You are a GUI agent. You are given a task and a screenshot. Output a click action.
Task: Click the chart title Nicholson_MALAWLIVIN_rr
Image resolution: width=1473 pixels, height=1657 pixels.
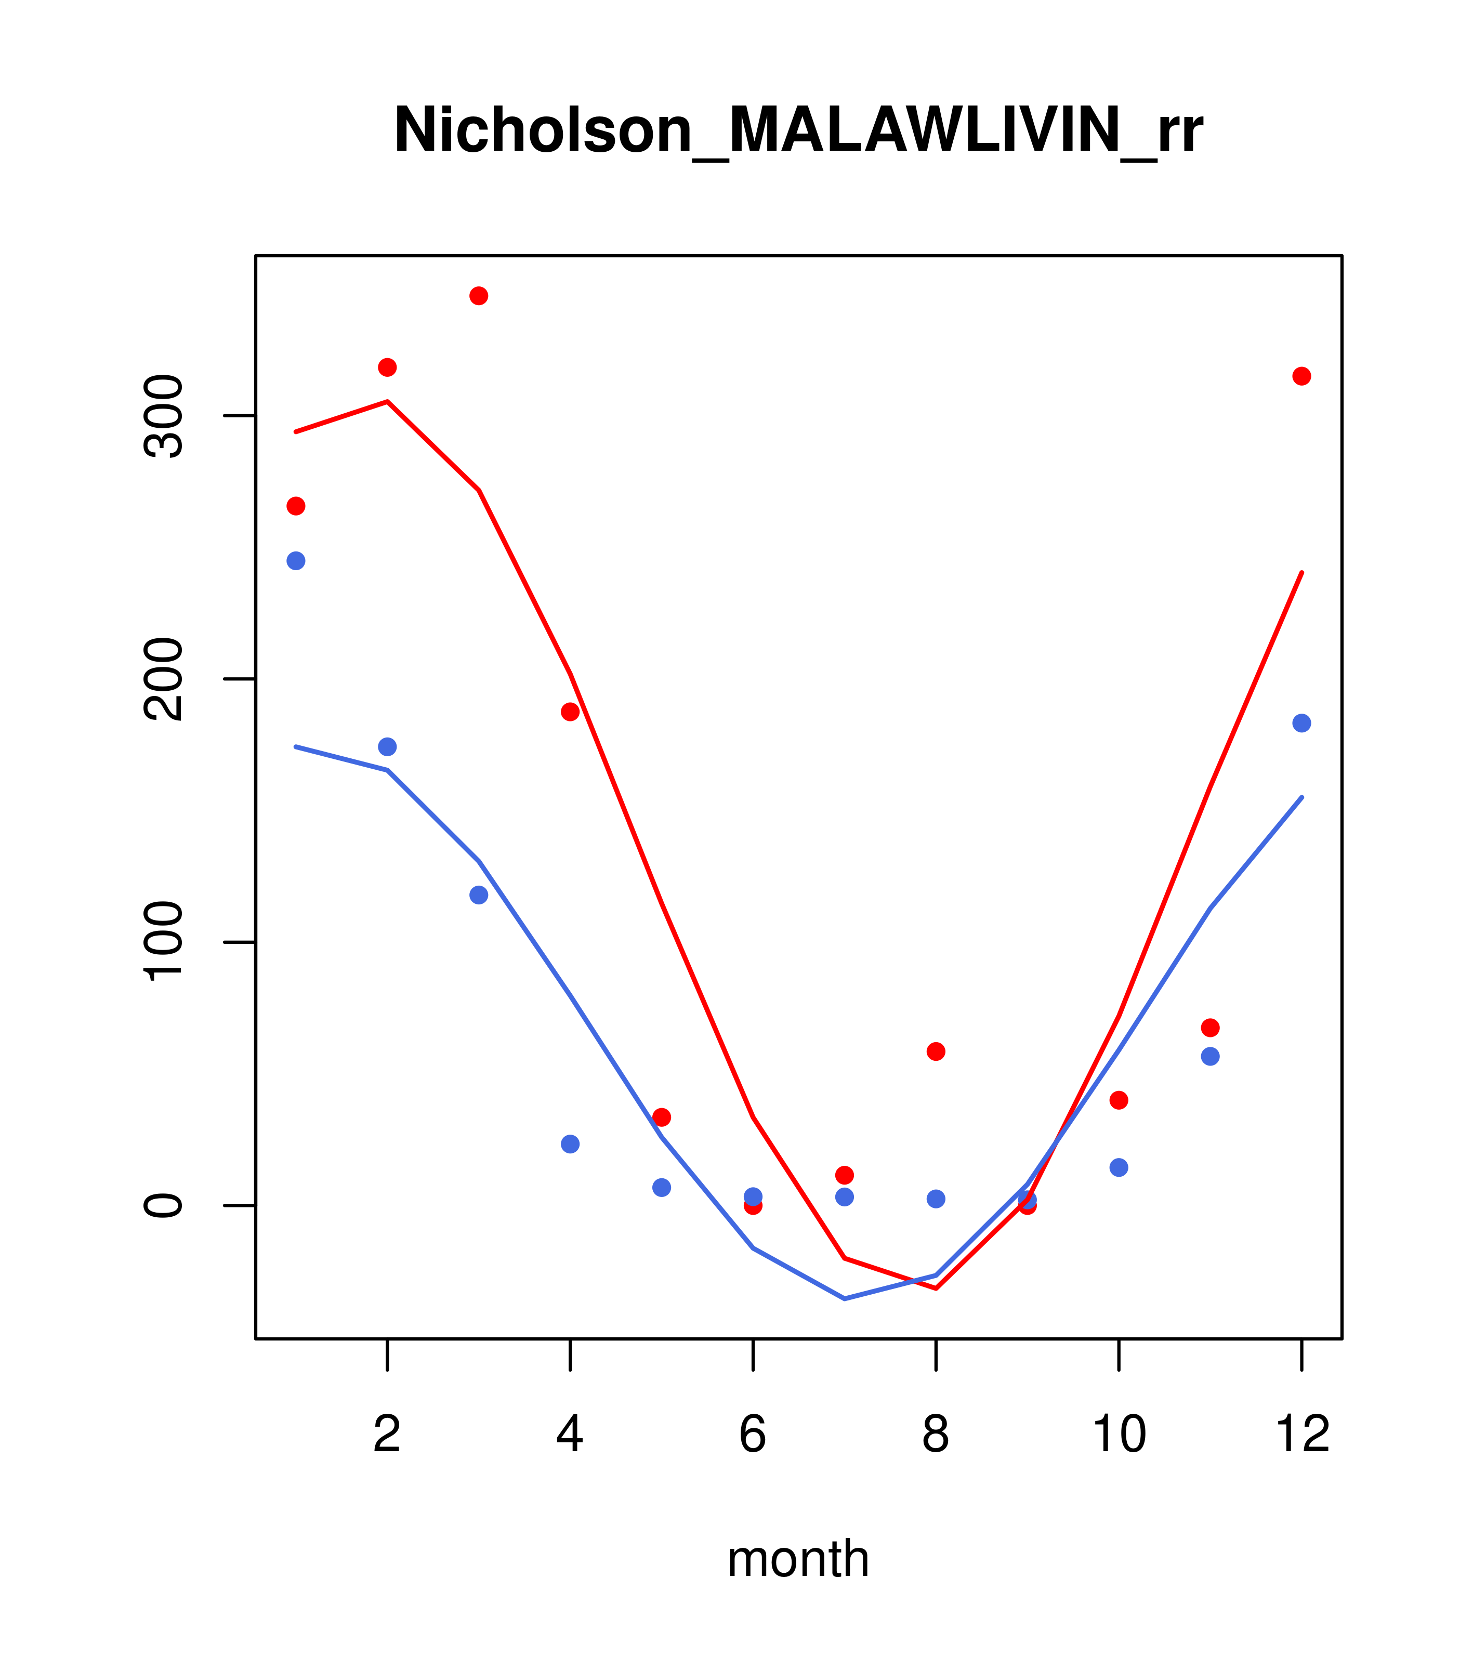coord(798,130)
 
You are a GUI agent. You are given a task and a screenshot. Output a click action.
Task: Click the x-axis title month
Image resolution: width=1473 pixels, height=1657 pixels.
coord(798,1558)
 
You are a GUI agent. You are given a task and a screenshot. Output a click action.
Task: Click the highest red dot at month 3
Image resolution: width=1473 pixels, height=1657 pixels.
coord(479,296)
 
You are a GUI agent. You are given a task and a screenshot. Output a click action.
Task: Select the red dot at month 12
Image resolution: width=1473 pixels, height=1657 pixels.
coord(1302,376)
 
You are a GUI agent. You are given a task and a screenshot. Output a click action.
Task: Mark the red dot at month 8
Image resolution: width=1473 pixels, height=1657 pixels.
coord(936,1051)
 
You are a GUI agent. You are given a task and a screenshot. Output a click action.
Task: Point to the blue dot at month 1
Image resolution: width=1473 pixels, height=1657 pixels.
coord(296,561)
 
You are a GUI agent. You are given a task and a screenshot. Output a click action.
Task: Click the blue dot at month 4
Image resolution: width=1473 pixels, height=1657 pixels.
coord(571,1144)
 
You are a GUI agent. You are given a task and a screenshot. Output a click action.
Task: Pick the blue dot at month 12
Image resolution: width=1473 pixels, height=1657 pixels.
coord(1302,723)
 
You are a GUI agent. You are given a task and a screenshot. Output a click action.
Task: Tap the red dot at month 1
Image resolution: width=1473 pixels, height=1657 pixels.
coord(296,506)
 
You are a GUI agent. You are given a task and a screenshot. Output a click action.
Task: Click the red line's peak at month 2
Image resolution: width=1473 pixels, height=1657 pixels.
coord(388,401)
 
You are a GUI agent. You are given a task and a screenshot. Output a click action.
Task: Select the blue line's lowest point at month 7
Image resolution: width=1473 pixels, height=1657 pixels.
coord(845,1299)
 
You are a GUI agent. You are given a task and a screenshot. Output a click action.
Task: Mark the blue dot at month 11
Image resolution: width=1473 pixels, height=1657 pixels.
coord(1211,1056)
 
